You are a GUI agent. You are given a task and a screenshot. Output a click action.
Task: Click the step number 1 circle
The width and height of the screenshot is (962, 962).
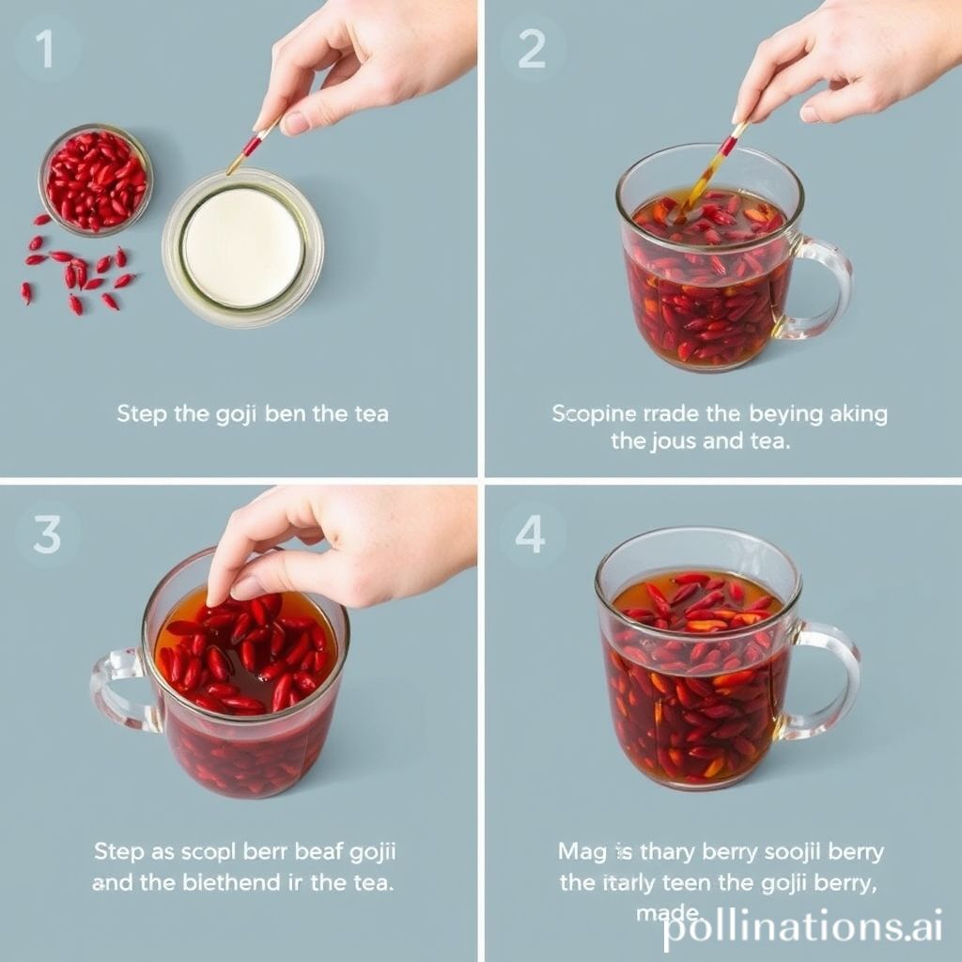tap(45, 50)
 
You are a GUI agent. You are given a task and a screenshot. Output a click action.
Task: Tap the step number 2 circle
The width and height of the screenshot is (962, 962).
tap(532, 50)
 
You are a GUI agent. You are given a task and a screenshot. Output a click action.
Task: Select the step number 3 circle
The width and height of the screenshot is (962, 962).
tap(46, 535)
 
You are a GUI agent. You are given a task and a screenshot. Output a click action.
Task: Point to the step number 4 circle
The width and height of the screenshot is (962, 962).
tap(531, 535)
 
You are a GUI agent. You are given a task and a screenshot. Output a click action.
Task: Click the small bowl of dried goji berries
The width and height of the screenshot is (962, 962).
tap(96, 178)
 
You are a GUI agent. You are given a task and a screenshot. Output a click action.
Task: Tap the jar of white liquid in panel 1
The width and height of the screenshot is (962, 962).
tap(242, 247)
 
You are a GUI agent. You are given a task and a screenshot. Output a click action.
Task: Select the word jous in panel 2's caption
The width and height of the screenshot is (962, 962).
tap(675, 441)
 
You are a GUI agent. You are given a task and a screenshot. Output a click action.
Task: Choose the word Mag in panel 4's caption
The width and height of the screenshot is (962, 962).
tap(582, 853)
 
